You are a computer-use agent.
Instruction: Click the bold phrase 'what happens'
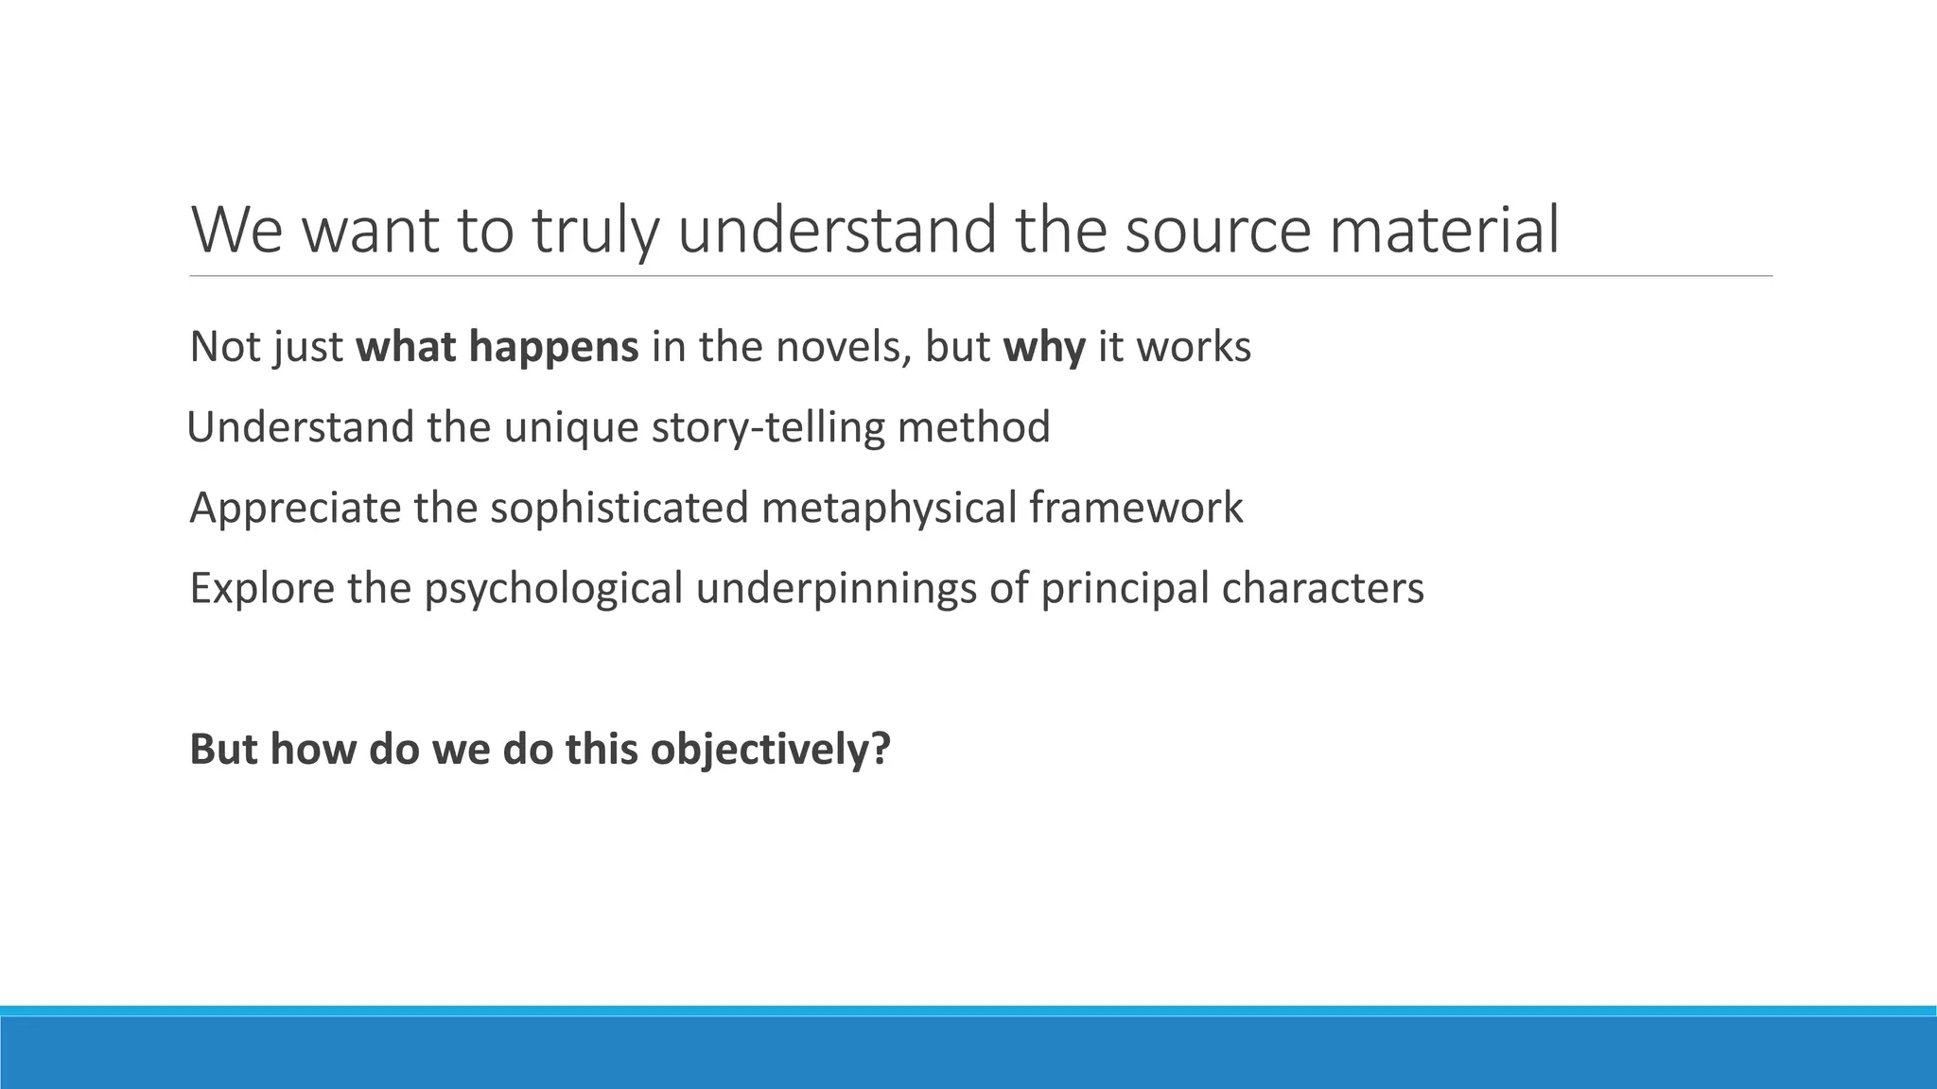click(x=497, y=347)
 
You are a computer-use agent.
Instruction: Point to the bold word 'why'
click(x=1044, y=347)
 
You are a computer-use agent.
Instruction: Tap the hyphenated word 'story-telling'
click(x=768, y=427)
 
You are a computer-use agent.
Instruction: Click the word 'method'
click(x=974, y=427)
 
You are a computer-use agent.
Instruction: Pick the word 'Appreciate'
click(x=294, y=508)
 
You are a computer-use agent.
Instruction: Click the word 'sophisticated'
click(x=619, y=508)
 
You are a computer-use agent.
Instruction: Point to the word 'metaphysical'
click(x=888, y=508)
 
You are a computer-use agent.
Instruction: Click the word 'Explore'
click(x=262, y=588)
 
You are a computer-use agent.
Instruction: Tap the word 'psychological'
click(x=553, y=588)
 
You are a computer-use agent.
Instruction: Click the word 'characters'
click(x=1322, y=588)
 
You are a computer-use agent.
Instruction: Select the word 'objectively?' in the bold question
click(x=770, y=749)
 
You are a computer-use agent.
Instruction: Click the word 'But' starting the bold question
click(x=223, y=749)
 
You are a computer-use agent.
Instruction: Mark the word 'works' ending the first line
click(x=1194, y=347)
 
